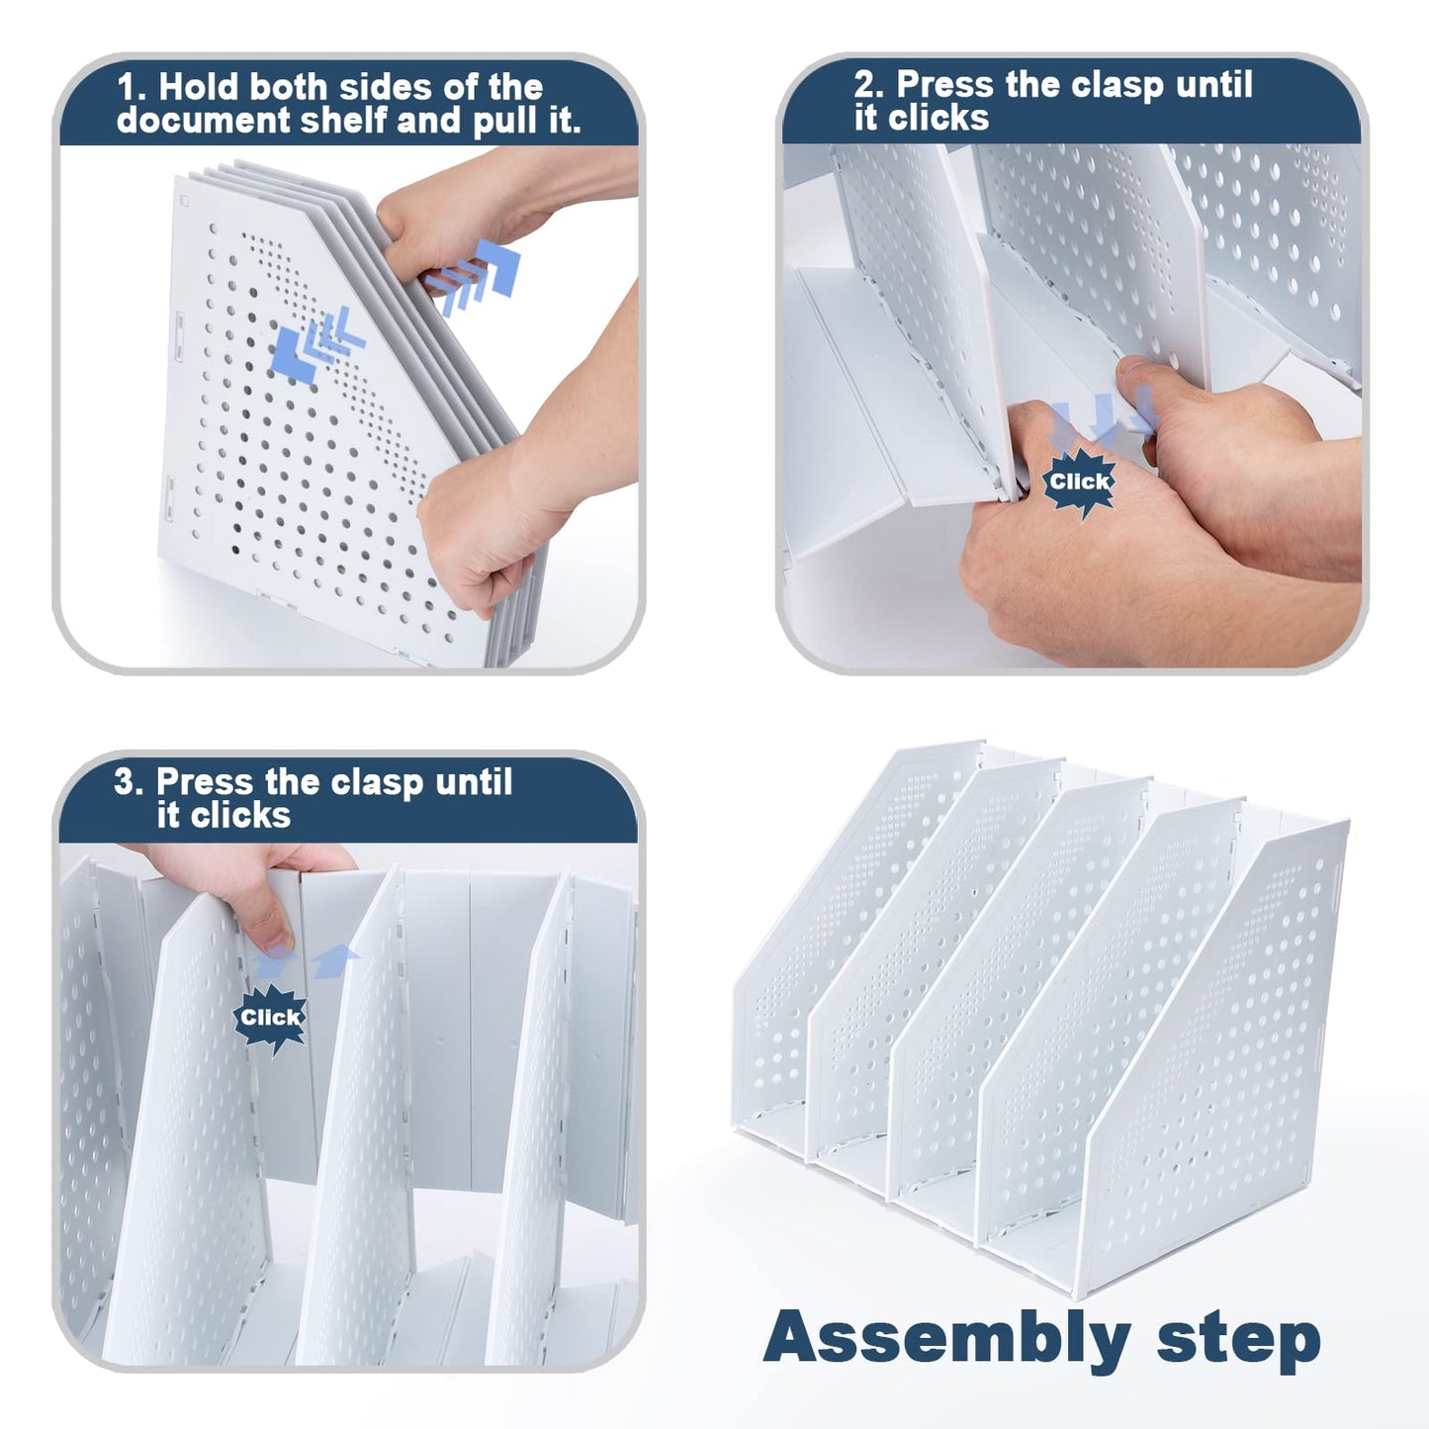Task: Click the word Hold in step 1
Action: click(x=198, y=87)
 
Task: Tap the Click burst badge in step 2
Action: click(x=1079, y=482)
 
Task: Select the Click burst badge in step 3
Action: click(x=270, y=1018)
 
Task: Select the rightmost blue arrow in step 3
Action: click(x=334, y=960)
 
